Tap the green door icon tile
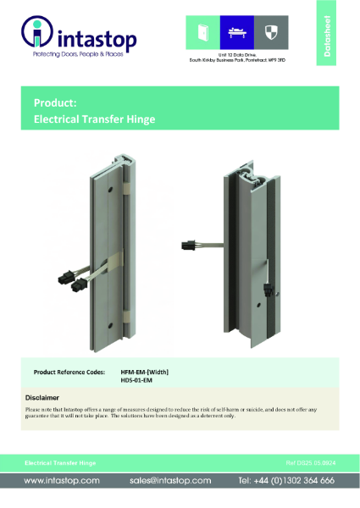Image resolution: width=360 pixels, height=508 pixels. click(x=202, y=32)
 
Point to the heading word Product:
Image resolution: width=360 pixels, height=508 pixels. click(x=55, y=102)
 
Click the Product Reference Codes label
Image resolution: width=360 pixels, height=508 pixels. click(x=69, y=371)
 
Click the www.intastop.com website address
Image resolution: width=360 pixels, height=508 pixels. click(x=62, y=480)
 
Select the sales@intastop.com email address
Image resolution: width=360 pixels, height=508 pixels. click(x=170, y=480)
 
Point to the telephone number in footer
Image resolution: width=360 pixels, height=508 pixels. click(x=286, y=480)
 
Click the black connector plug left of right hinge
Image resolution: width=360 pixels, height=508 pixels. click(x=189, y=246)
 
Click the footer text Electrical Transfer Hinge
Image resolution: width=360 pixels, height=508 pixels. click(x=59, y=464)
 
